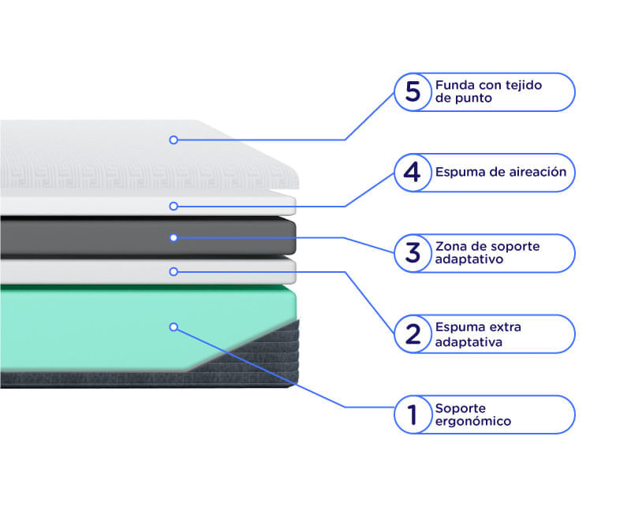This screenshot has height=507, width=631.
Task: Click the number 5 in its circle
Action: (x=413, y=92)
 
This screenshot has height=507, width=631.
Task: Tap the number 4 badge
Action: (x=413, y=173)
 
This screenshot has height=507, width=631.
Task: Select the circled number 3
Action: (x=413, y=253)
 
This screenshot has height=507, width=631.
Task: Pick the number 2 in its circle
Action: (x=413, y=334)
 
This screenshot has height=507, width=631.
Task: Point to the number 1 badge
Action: (x=413, y=415)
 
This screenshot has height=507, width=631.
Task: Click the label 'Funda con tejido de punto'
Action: (x=488, y=91)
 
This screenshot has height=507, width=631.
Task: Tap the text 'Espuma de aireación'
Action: (x=501, y=172)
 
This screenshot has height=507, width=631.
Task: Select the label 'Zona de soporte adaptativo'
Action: (x=487, y=252)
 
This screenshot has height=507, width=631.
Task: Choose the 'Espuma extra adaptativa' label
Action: (x=478, y=334)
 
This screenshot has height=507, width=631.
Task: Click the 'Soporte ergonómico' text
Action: (x=473, y=415)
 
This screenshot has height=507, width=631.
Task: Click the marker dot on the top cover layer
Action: (x=174, y=140)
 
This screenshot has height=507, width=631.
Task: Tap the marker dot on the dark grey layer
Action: (x=174, y=238)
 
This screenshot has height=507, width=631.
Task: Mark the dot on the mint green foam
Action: (x=174, y=327)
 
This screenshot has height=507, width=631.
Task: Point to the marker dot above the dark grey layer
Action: (x=174, y=207)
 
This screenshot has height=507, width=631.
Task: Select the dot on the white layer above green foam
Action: (x=174, y=272)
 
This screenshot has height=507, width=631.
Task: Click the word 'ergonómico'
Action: (x=473, y=422)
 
